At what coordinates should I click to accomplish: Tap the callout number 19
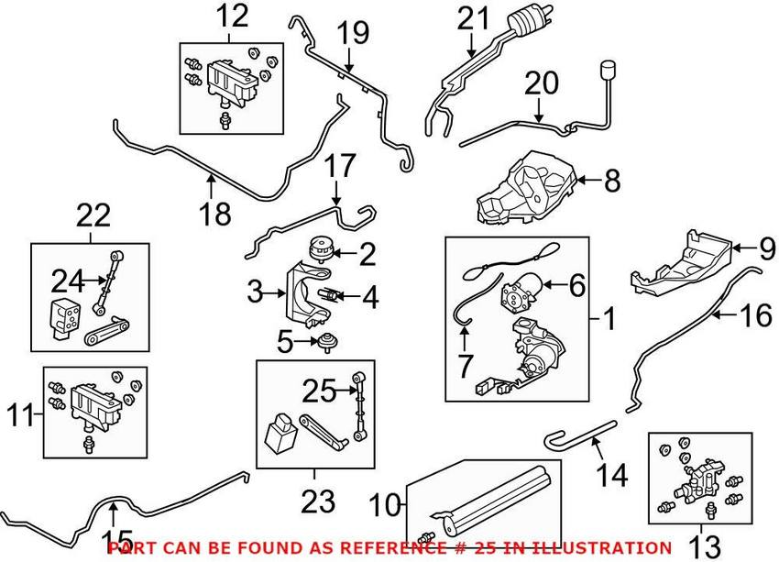click(x=351, y=34)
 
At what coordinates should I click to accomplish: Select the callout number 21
click(x=475, y=17)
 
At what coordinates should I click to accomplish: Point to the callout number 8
click(x=612, y=181)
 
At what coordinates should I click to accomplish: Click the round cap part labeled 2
click(x=320, y=248)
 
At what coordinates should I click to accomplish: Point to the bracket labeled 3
click(x=303, y=293)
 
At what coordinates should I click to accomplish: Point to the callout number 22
click(x=93, y=216)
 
